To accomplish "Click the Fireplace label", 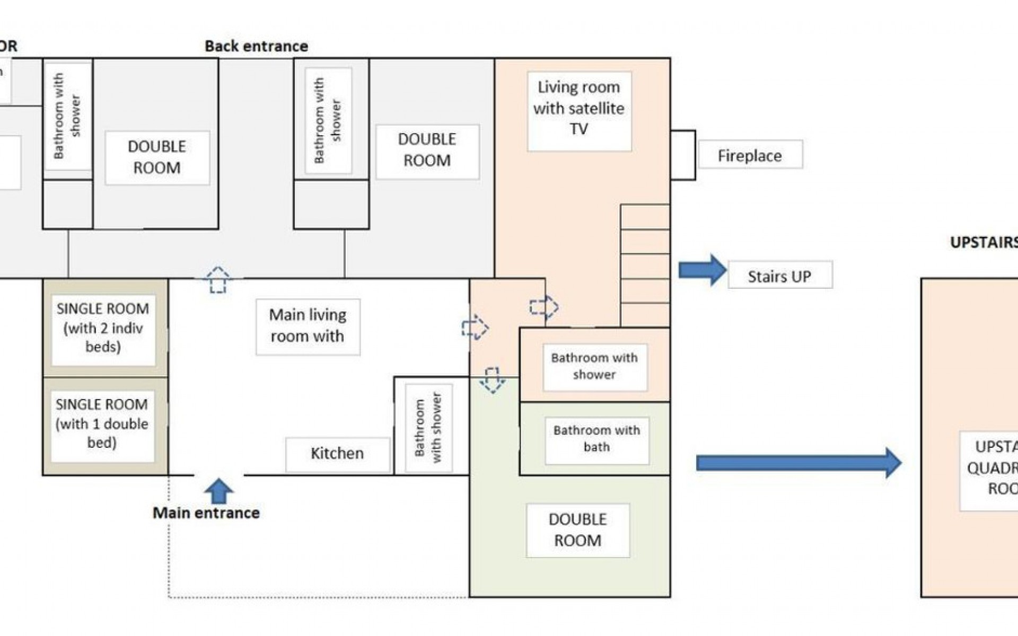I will pos(750,155).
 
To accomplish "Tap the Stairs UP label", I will pos(779,275).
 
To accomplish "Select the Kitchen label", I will pos(337,454).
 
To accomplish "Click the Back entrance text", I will pos(256,46).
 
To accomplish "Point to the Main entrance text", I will pos(206,513).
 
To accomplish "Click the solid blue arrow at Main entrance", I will pos(218,491).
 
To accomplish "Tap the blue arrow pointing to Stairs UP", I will pos(702,270).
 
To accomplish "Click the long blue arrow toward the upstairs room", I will pos(798,463).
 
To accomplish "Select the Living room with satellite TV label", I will pos(579,109).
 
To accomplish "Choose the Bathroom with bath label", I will pos(596,439).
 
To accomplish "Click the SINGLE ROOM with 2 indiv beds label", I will pos(103,328).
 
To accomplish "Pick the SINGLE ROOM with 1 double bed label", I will pos(102,424).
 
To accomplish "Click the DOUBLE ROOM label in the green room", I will pos(577,530).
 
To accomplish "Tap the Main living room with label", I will pos(308,326).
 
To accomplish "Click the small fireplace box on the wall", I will pos(683,155).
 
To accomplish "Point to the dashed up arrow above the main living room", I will pos(218,279).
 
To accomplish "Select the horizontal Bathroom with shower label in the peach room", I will pos(594,366).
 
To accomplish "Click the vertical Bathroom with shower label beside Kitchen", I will pos(428,428).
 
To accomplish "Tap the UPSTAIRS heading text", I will pos(984,243).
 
